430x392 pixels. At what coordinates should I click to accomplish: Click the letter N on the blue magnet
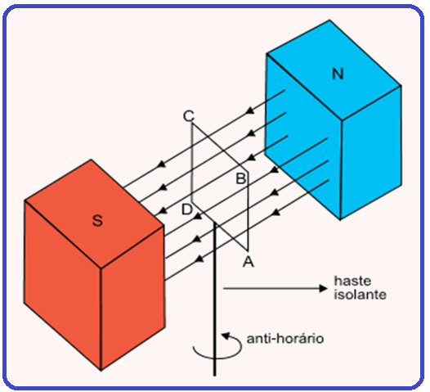click(x=338, y=74)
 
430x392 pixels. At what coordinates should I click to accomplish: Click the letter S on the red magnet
click(x=97, y=220)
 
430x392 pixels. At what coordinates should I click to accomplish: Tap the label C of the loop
click(x=189, y=116)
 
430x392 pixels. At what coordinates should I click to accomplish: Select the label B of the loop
click(x=241, y=178)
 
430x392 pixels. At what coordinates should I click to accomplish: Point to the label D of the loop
click(x=187, y=210)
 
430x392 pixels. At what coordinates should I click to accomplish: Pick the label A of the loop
click(x=249, y=261)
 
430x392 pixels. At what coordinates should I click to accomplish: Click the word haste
click(x=352, y=281)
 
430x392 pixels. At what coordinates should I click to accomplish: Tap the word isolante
click(x=360, y=295)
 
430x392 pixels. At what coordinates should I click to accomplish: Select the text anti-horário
click(x=285, y=339)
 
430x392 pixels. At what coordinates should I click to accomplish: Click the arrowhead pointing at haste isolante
click(x=324, y=288)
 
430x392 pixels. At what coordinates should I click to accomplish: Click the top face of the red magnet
click(x=94, y=214)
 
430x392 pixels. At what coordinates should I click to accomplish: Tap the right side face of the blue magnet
click(x=371, y=153)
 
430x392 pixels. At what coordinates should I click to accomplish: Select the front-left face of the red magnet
click(x=62, y=286)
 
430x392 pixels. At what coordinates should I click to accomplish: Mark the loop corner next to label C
click(x=192, y=124)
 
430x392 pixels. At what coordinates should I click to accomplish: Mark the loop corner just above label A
click(x=248, y=251)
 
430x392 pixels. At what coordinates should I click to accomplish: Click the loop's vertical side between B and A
click(x=248, y=211)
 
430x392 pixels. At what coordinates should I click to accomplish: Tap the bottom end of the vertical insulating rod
click(x=215, y=376)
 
